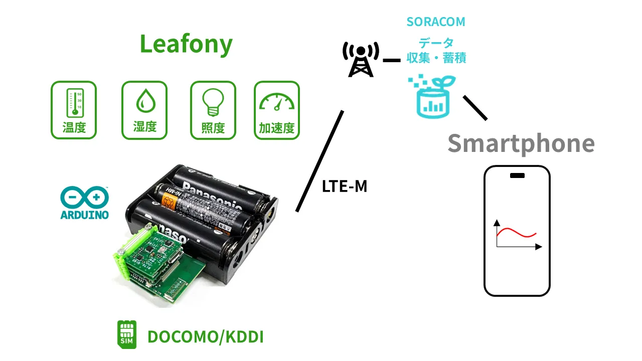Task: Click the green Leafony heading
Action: pos(186,44)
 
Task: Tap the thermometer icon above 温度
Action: pos(74,103)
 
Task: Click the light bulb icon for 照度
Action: pos(213,102)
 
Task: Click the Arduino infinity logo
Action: pos(84,198)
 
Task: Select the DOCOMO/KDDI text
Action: pos(206,337)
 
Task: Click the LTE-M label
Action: pos(345,187)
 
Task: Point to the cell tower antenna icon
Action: pos(360,59)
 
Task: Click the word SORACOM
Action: pos(435,22)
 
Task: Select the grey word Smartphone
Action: pos(521,143)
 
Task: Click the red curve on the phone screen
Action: pos(517,233)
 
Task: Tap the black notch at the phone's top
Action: pos(517,175)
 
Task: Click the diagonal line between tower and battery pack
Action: pos(319,161)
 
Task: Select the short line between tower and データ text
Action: pos(391,60)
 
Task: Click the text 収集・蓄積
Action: pos(436,58)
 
